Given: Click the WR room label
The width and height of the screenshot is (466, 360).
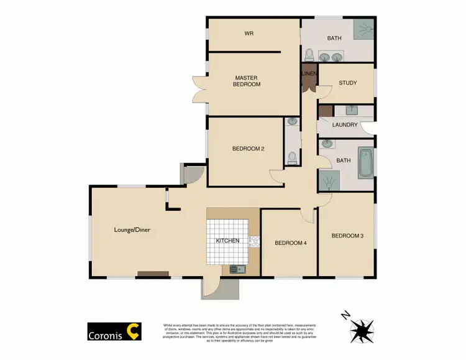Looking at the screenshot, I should coord(249,33).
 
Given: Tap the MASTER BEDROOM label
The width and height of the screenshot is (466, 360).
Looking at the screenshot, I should coord(247,81).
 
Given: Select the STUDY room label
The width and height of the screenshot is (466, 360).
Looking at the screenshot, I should coord(347,83).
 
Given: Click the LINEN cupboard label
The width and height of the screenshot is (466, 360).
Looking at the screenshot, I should coord(309,74).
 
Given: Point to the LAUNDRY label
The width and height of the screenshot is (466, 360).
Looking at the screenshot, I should coord(345,125).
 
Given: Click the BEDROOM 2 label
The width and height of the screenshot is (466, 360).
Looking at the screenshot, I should coord(249,149).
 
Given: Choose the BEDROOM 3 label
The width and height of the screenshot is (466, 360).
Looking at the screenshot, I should coord(347,236).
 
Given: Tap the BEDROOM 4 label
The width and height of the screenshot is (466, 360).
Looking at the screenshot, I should coord(291,243).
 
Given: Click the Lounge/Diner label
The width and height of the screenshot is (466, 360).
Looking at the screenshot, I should coord(132,230).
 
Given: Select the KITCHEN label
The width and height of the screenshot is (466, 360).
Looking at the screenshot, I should coord(227,241).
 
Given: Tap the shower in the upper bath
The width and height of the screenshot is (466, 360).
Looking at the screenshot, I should coord(364,27).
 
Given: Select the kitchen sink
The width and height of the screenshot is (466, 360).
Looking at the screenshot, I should coord(235,269).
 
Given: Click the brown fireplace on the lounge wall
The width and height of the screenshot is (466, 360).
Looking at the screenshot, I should coord(153,274).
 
